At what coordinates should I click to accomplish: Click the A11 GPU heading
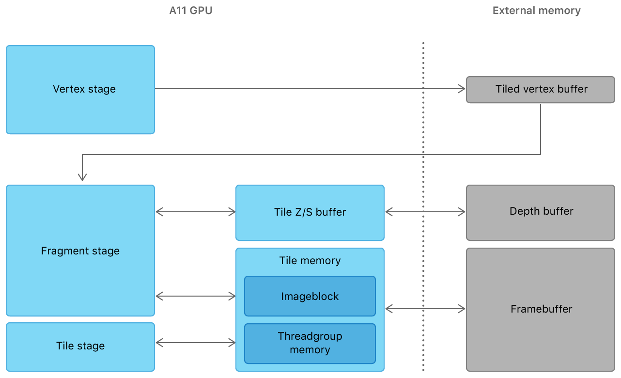pyautogui.click(x=190, y=11)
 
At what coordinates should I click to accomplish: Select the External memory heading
pyautogui.click(x=536, y=11)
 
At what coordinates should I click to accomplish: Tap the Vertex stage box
pyautogui.click(x=80, y=90)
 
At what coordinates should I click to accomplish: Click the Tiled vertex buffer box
pyautogui.click(x=541, y=89)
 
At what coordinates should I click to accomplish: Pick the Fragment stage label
pyautogui.click(x=80, y=251)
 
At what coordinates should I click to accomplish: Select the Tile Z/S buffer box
pyautogui.click(x=310, y=212)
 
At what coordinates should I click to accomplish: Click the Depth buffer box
pyautogui.click(x=541, y=212)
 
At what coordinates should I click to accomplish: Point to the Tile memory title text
pyautogui.click(x=310, y=261)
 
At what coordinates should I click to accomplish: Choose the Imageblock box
pyautogui.click(x=310, y=296)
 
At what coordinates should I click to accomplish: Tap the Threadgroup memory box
pyautogui.click(x=310, y=343)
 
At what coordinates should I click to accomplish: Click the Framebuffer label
pyautogui.click(x=541, y=309)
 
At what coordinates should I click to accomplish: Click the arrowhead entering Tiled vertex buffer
pyautogui.click(x=462, y=89)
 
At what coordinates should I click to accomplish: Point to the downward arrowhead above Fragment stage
pyautogui.click(x=82, y=177)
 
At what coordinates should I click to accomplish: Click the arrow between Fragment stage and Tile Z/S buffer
pyautogui.click(x=196, y=212)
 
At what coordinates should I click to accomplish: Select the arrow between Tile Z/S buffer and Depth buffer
pyautogui.click(x=425, y=212)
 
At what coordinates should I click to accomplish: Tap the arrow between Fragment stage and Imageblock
pyautogui.click(x=196, y=296)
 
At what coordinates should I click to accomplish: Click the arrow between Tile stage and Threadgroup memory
pyautogui.click(x=196, y=343)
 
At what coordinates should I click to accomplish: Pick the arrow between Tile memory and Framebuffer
pyautogui.click(x=425, y=308)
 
